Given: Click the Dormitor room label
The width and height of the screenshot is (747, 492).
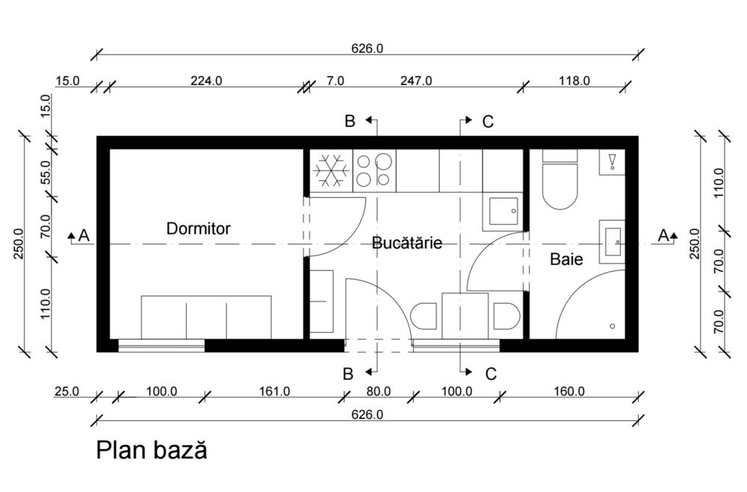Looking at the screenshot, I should [x=198, y=228].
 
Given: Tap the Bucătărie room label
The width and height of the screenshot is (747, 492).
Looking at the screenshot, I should [x=406, y=243].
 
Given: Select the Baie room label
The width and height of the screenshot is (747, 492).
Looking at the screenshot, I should [x=566, y=259].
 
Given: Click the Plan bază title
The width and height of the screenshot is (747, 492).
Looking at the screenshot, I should [x=151, y=451].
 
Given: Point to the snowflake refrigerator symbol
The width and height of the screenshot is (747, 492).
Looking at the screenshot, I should [x=331, y=171].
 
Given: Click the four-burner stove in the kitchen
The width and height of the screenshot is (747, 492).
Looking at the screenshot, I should [x=374, y=170].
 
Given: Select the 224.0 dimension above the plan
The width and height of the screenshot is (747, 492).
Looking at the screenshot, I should [x=205, y=81].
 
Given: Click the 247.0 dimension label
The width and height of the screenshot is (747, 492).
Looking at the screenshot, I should [x=415, y=81].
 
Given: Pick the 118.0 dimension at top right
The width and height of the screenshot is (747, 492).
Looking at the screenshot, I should [x=574, y=81].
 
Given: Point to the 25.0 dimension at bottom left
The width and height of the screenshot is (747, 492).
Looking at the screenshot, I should [x=66, y=391].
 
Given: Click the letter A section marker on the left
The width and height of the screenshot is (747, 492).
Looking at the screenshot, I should [x=84, y=235].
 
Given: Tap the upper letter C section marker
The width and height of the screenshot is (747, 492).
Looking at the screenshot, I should [x=487, y=122].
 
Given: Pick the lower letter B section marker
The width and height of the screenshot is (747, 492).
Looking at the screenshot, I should [x=347, y=374].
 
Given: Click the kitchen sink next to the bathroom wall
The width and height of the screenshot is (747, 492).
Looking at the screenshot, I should [x=503, y=211].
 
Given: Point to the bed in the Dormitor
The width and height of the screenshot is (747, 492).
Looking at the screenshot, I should [x=206, y=317].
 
